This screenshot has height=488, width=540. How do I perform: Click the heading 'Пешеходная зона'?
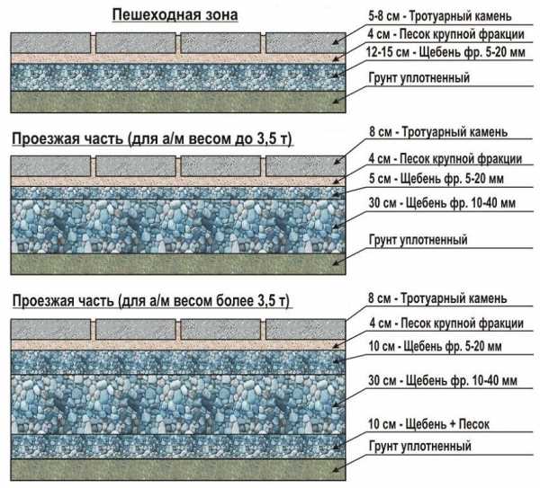(175, 14)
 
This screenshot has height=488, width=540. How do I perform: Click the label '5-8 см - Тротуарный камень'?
(440, 16)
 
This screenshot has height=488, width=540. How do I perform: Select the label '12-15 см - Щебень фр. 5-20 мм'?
(445, 52)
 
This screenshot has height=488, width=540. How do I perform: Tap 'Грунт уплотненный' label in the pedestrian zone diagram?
(419, 77)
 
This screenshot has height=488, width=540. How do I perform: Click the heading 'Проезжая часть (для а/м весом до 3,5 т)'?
(152, 138)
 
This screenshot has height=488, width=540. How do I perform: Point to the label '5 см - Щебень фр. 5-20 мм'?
(436, 179)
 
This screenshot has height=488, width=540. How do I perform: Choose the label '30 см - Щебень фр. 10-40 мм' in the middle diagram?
(442, 203)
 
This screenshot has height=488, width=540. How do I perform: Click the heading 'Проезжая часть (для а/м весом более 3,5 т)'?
(151, 300)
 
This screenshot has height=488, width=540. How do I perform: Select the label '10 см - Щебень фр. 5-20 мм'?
(435, 346)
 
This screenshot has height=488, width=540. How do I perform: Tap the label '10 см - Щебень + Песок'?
(428, 423)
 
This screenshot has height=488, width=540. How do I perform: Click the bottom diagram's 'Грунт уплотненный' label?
(419, 446)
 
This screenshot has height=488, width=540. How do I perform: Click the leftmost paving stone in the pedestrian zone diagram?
(50, 43)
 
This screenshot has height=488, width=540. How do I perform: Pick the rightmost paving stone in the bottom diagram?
(305, 330)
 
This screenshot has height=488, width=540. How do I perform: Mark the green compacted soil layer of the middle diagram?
(178, 264)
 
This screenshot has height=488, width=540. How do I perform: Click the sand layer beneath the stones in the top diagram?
(178, 58)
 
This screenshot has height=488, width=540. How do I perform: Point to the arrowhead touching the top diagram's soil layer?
(336, 102)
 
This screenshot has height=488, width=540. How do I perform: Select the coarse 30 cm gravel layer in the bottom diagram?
(178, 404)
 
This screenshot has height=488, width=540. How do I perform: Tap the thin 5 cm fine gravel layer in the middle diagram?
(178, 193)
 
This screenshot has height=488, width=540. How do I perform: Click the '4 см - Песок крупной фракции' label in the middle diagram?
(445, 158)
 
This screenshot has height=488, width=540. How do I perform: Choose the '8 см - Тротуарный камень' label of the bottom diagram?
(437, 298)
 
